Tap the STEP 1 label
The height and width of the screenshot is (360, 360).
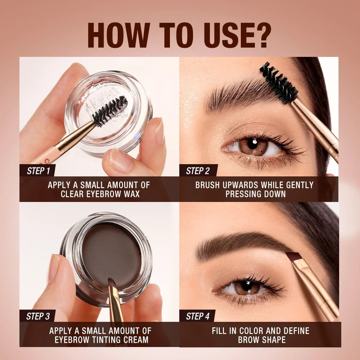tap(38, 171)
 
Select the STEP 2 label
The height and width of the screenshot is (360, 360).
tap(198, 171)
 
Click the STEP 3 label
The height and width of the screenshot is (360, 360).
tap(38, 316)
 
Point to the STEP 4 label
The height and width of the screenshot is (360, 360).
tap(198, 316)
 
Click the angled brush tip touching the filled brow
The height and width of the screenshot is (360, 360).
tap(293, 258)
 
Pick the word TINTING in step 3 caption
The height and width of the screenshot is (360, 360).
tap(103, 339)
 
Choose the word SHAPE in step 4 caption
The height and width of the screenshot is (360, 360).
tap(274, 339)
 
